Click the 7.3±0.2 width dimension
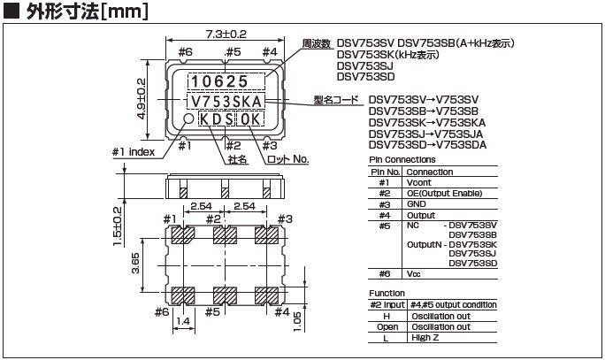[x=226, y=34]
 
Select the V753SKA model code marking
[x=228, y=101]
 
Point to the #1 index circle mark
[x=188, y=119]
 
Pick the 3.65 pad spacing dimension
[x=128, y=264]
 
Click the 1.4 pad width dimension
[x=183, y=322]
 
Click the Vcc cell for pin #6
[x=414, y=273]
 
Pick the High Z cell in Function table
[x=424, y=337]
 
